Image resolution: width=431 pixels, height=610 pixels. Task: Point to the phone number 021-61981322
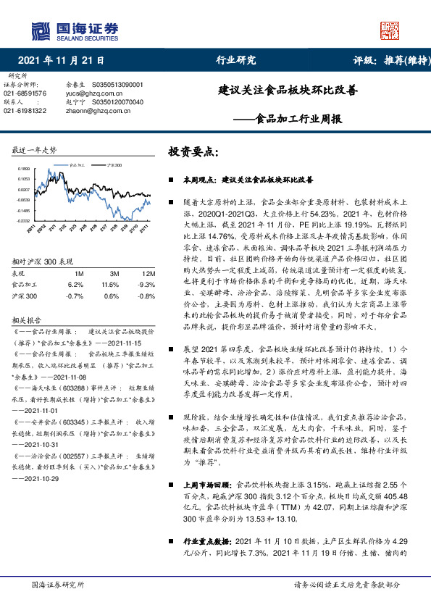25,110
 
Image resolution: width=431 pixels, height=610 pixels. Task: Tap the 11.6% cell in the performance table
114,285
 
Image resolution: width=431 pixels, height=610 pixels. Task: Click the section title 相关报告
27,319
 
